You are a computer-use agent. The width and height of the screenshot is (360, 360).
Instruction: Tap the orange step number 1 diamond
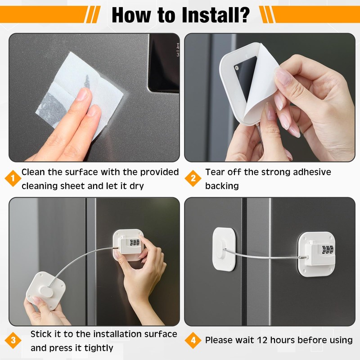point(13,178)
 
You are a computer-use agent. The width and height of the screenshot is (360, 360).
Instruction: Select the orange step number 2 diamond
point(193,178)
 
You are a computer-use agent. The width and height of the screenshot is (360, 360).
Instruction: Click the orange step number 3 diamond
point(13,340)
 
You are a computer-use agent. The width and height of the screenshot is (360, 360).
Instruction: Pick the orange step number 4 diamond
point(193,340)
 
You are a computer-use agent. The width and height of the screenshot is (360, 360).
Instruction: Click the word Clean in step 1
point(33,172)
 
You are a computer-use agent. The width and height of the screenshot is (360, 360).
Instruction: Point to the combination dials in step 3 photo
point(135,243)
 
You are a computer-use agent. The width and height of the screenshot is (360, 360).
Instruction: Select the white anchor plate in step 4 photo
point(224,249)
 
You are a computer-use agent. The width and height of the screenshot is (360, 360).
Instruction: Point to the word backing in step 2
point(222,186)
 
